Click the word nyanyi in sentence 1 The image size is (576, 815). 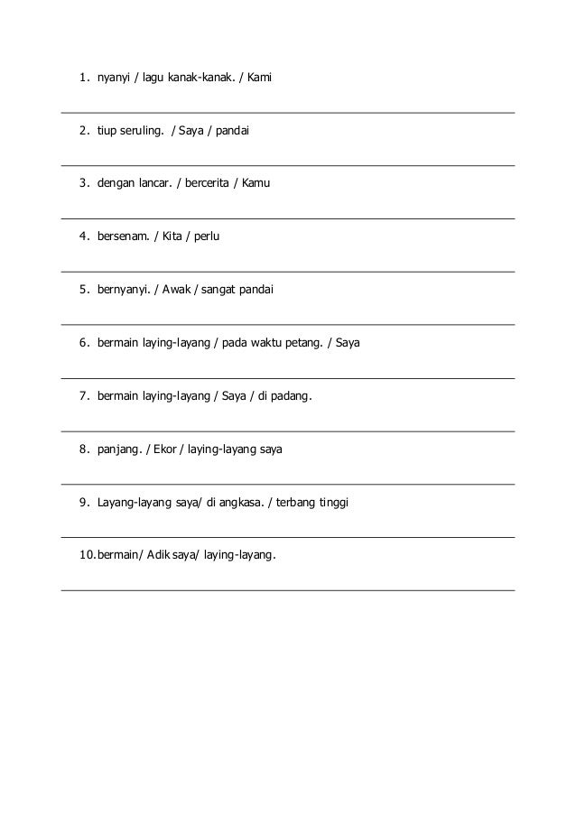click(115, 79)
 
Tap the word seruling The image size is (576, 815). click(143, 131)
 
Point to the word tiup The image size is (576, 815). click(107, 131)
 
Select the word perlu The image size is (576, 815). click(207, 236)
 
